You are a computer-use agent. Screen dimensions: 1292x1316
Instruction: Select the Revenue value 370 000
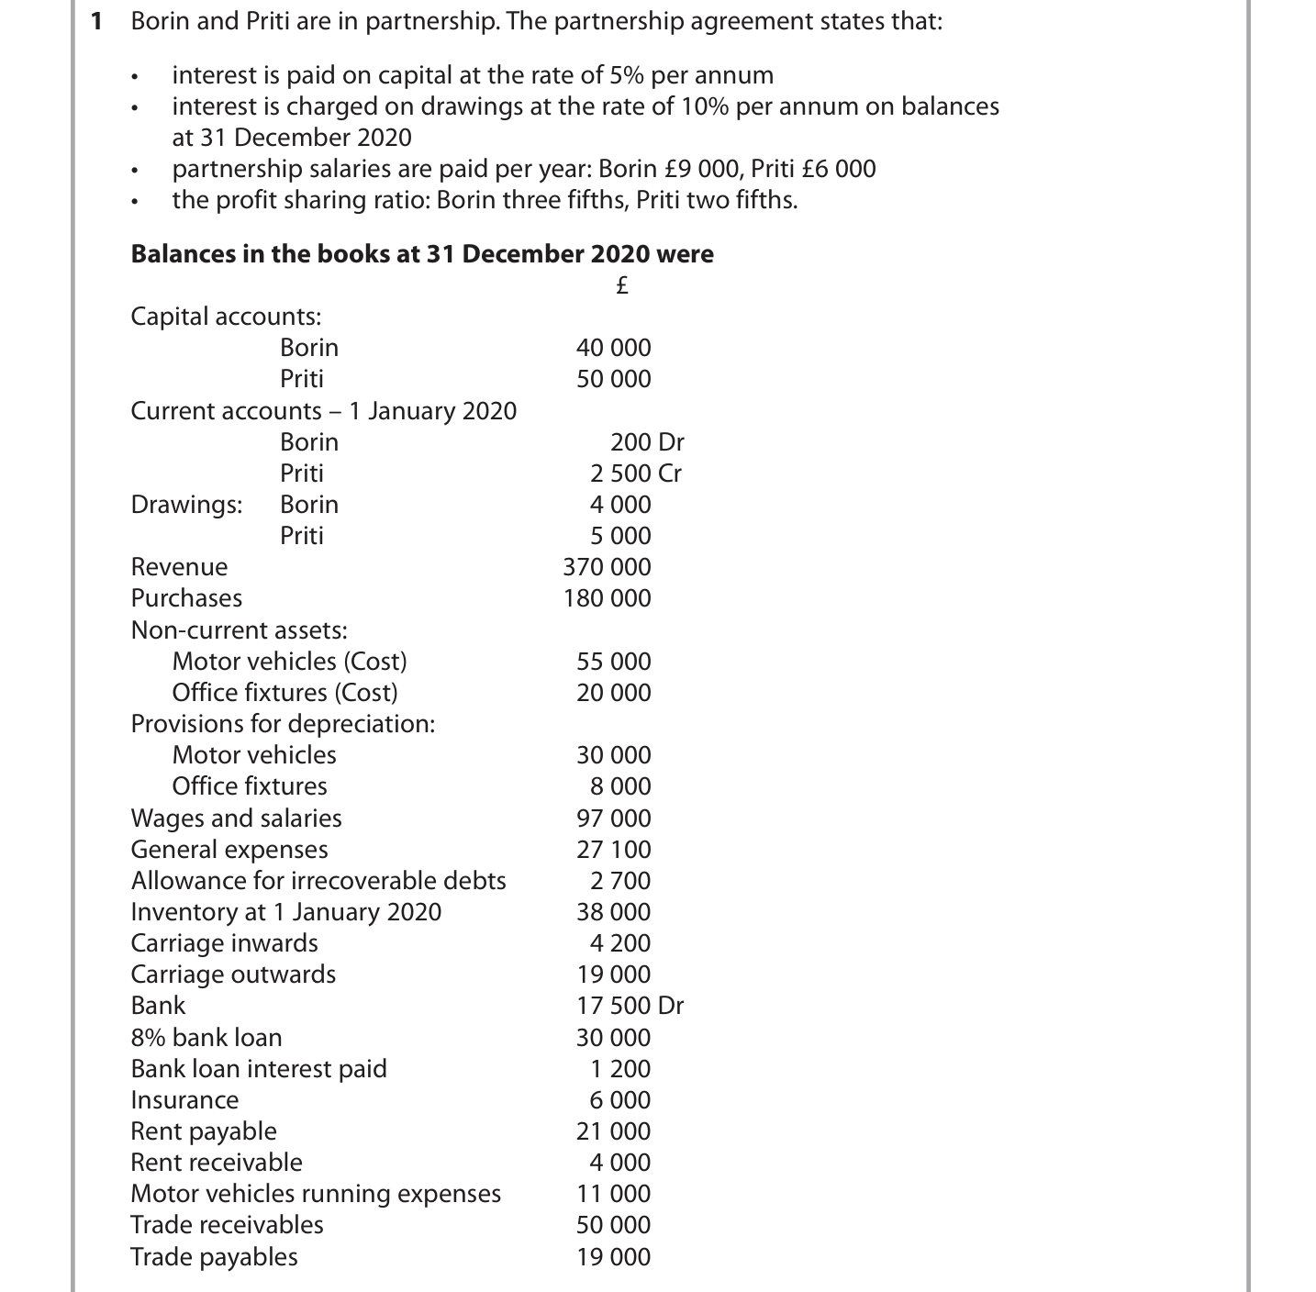tap(607, 567)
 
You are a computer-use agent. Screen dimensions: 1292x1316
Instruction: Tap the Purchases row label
tap(186, 598)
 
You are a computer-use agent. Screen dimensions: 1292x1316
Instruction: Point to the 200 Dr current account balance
tap(647, 442)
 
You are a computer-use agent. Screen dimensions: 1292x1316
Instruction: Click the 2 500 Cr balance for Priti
tap(635, 473)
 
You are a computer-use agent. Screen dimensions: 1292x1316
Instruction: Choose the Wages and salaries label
tap(236, 819)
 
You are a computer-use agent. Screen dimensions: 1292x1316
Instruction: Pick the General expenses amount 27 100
tap(613, 850)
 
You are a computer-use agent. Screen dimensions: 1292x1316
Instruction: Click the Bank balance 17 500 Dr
tap(630, 1006)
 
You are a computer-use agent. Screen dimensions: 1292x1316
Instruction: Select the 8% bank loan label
tap(206, 1038)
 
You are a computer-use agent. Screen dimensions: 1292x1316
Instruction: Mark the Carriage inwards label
tap(224, 943)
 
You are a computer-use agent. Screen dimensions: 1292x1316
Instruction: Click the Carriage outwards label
tap(233, 975)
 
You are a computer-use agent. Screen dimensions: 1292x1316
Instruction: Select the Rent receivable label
tap(217, 1163)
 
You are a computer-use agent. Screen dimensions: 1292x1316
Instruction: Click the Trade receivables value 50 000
tap(613, 1225)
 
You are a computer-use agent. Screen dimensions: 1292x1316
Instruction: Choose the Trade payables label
tap(214, 1257)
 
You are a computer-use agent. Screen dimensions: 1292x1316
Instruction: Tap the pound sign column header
tap(620, 285)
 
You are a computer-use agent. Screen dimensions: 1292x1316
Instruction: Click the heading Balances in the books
tap(422, 254)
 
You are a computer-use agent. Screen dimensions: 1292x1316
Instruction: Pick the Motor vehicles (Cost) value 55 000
tap(613, 662)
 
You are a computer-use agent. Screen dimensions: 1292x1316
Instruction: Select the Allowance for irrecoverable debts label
tap(318, 881)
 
